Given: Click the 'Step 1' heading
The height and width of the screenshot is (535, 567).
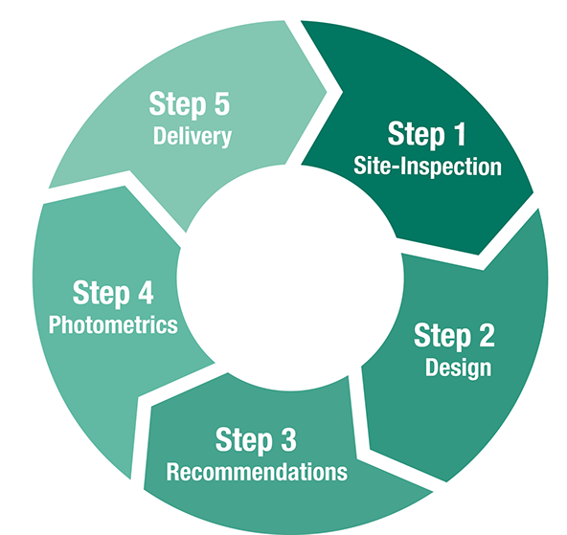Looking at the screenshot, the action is (427, 134).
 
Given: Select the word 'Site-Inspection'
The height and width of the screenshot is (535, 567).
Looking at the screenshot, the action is (427, 167).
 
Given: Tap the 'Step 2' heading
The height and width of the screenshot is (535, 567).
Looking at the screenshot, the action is (454, 336).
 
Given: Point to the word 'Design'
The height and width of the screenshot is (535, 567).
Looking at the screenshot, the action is (458, 368).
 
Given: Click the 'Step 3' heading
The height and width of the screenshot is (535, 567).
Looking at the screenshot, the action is (256, 440).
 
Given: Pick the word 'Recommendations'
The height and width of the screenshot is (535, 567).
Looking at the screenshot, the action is (257, 472).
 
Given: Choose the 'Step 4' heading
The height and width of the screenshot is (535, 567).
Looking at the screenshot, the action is (113, 293).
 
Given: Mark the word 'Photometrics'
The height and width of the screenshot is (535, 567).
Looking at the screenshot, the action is (113, 324).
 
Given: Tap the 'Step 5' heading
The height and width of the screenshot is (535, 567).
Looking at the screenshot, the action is (190, 104).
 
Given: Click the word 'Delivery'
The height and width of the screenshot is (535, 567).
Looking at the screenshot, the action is (193, 137).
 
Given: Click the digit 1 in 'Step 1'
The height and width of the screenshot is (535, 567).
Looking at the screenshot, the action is (459, 134).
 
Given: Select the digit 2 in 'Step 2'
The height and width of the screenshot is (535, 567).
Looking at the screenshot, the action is (487, 335).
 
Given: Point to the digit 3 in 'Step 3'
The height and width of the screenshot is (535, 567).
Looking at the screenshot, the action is (288, 439).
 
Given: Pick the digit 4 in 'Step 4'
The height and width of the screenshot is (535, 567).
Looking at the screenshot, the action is (146, 292).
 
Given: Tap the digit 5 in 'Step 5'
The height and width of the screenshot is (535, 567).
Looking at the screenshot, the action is (222, 103).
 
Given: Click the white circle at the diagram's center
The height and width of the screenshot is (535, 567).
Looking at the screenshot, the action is (290, 279).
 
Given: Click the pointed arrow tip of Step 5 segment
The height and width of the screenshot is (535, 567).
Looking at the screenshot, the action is (327, 92).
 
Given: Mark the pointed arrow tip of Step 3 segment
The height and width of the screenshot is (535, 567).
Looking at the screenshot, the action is (433, 491).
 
